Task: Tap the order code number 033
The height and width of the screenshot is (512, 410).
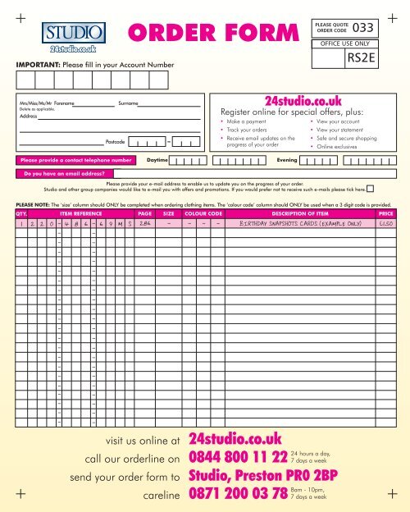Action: (363, 26)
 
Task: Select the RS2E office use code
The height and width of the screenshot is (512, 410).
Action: (361, 58)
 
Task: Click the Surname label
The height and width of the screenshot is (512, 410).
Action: (128, 104)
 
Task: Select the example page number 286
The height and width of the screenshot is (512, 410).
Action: (145, 223)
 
